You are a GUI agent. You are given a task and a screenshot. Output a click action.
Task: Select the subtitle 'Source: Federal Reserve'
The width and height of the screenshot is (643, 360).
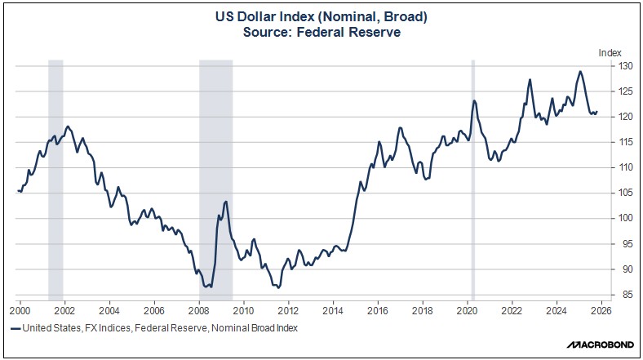pos(321,33)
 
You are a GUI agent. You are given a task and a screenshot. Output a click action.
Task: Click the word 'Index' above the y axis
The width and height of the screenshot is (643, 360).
pos(610,52)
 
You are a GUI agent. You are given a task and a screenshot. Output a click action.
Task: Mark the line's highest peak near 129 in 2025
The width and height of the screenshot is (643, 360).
pos(579,72)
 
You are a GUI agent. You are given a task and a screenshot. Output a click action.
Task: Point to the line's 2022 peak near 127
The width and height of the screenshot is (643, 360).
pos(530,79)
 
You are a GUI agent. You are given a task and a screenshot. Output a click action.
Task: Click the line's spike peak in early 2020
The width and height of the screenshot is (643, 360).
pos(473,100)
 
